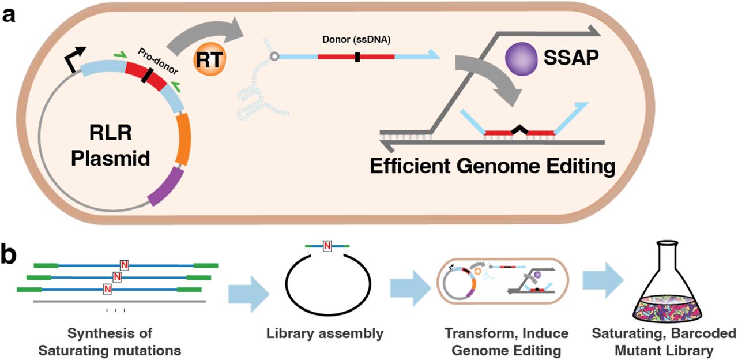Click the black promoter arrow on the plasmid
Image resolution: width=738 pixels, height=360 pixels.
click(70, 58)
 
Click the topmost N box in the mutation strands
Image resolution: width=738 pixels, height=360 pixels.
click(124, 265)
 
